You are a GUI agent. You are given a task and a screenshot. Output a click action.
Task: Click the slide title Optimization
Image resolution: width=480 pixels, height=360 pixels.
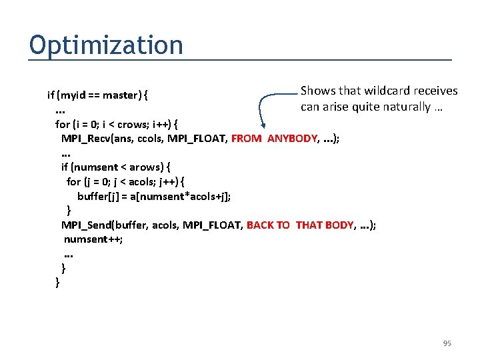106,45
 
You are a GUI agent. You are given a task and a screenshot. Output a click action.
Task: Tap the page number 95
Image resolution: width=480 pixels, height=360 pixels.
447,343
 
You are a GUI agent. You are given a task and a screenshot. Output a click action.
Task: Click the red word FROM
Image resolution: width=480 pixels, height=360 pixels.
247,139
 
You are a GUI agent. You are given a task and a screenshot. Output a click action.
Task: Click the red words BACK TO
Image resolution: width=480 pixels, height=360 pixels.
268,225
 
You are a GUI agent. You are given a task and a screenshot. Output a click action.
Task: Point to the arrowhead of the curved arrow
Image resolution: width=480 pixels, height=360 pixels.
264,125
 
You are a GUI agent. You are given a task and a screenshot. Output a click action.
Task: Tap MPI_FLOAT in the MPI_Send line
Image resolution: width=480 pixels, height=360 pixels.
215,225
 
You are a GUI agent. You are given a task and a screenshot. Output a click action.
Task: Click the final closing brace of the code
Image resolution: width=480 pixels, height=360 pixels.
57,282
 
